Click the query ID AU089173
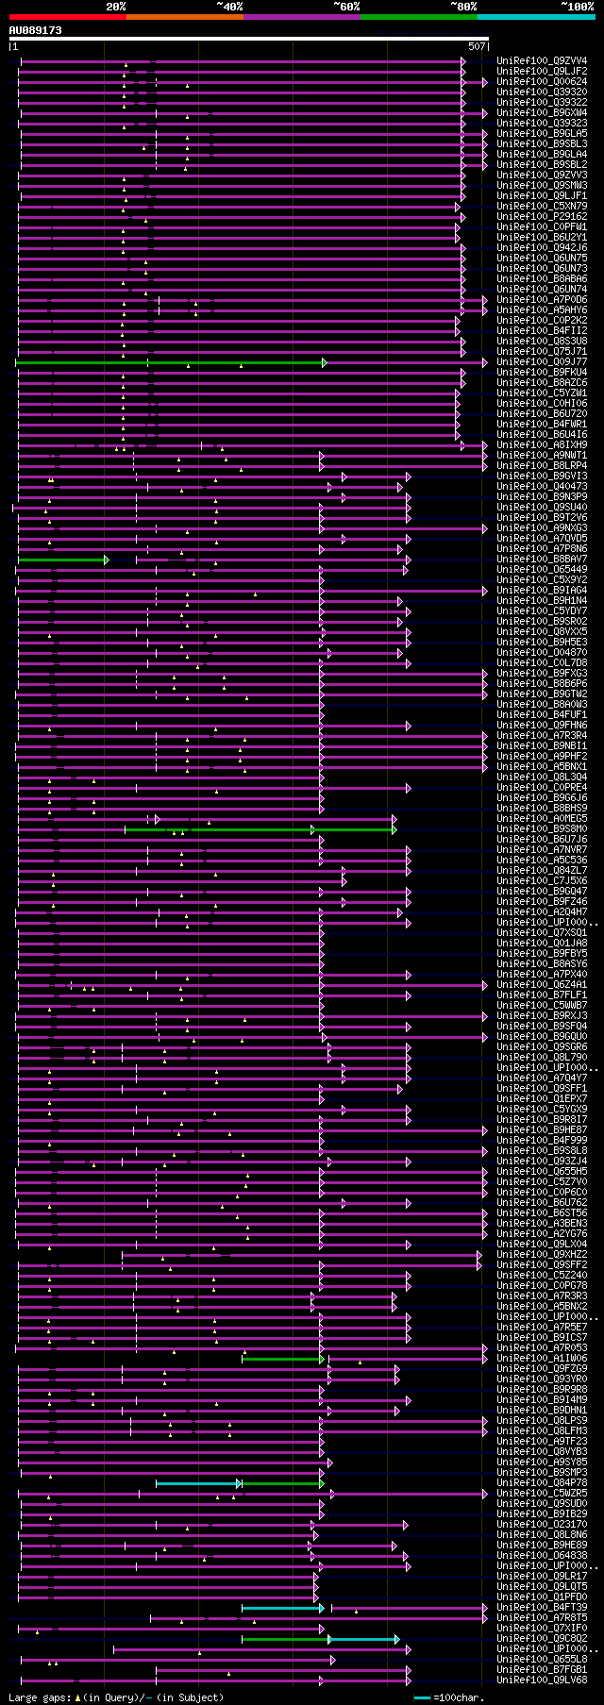35,30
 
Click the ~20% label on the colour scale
115,7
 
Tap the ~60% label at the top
346,7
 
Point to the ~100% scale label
577,7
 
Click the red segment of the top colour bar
67,17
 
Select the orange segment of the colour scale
184,17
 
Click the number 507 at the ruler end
477,46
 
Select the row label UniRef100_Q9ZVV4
542,60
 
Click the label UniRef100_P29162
542,216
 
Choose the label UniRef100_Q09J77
542,361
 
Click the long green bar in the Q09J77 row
170,362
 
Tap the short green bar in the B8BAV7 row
61,560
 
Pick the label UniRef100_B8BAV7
542,559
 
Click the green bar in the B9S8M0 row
260,830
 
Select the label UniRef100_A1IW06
542,1359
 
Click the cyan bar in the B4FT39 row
281,1608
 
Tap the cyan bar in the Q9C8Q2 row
363,1639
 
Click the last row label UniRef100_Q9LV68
542,1680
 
